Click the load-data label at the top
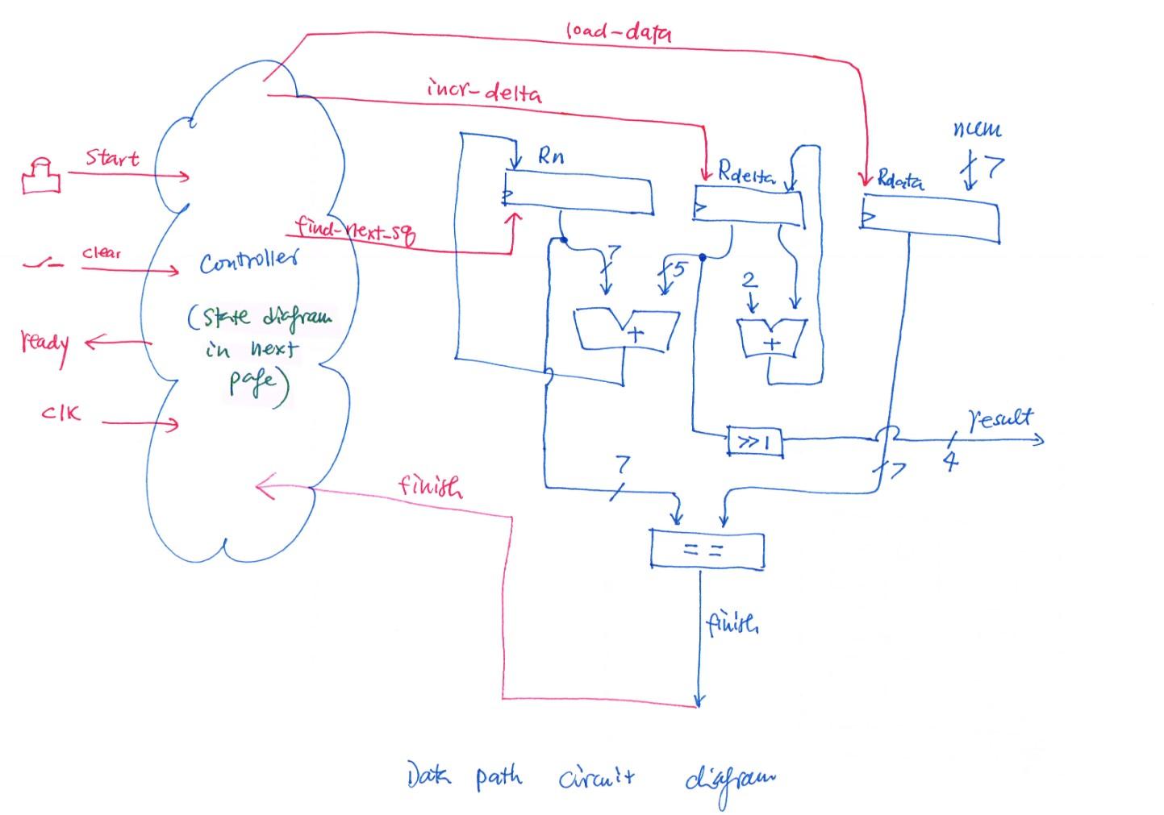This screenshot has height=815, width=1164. [618, 31]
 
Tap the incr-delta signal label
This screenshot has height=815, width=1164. [484, 90]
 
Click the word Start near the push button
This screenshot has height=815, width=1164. [112, 158]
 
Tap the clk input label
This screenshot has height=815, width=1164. [60, 414]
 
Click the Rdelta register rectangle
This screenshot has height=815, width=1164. [749, 206]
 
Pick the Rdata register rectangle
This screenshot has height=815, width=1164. [929, 218]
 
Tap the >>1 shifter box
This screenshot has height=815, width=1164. [754, 442]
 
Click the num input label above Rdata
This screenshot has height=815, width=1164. [976, 129]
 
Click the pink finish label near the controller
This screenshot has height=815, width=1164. [430, 486]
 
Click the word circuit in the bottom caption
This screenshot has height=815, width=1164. [596, 778]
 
